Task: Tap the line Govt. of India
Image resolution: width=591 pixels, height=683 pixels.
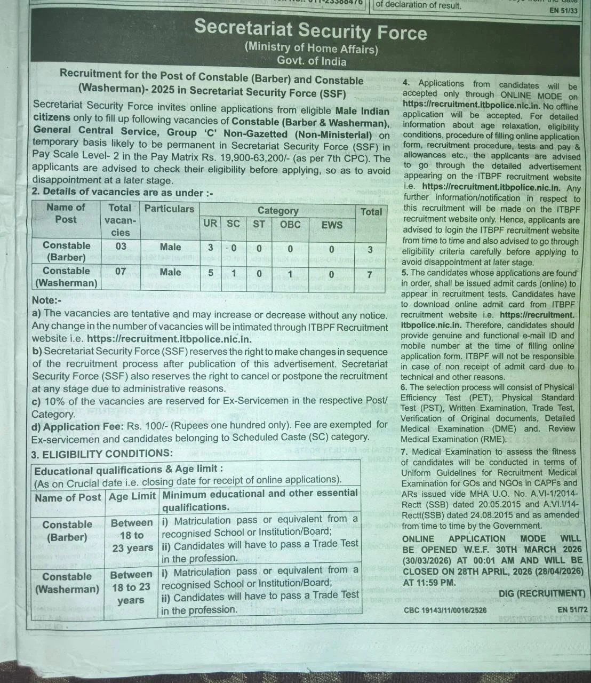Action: (x=312, y=61)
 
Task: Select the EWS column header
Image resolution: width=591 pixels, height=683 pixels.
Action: (x=332, y=225)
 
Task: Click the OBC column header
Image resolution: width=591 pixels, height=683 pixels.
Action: (x=290, y=225)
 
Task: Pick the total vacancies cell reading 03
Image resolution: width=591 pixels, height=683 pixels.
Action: (x=121, y=247)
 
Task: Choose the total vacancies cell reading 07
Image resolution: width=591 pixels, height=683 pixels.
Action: (x=121, y=271)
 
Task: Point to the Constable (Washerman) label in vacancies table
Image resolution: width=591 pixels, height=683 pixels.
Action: (x=66, y=276)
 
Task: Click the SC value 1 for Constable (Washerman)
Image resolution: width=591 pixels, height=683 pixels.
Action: (x=234, y=273)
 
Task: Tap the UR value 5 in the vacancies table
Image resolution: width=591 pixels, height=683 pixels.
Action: (x=211, y=273)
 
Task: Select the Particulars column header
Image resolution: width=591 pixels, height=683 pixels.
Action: (x=169, y=209)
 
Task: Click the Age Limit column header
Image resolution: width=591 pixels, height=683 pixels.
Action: (x=132, y=497)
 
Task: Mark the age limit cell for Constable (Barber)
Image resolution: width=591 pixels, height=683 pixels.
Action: (x=132, y=535)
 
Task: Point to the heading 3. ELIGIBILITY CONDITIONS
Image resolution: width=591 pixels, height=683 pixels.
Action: (x=102, y=454)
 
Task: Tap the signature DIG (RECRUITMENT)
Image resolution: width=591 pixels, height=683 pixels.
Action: (x=542, y=593)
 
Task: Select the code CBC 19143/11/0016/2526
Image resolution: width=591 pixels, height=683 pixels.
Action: (x=445, y=610)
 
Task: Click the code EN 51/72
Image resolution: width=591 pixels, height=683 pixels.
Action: (x=572, y=609)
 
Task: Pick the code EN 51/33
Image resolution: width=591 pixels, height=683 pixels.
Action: (x=563, y=11)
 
